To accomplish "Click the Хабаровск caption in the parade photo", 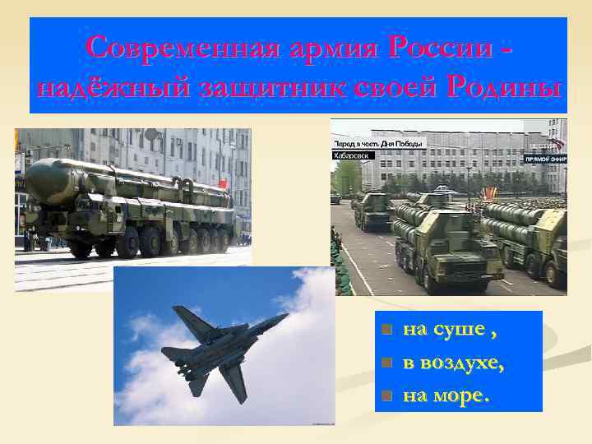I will pyautogui.click(x=354, y=155).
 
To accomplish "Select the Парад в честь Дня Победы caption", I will pyautogui.click(x=379, y=143).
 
